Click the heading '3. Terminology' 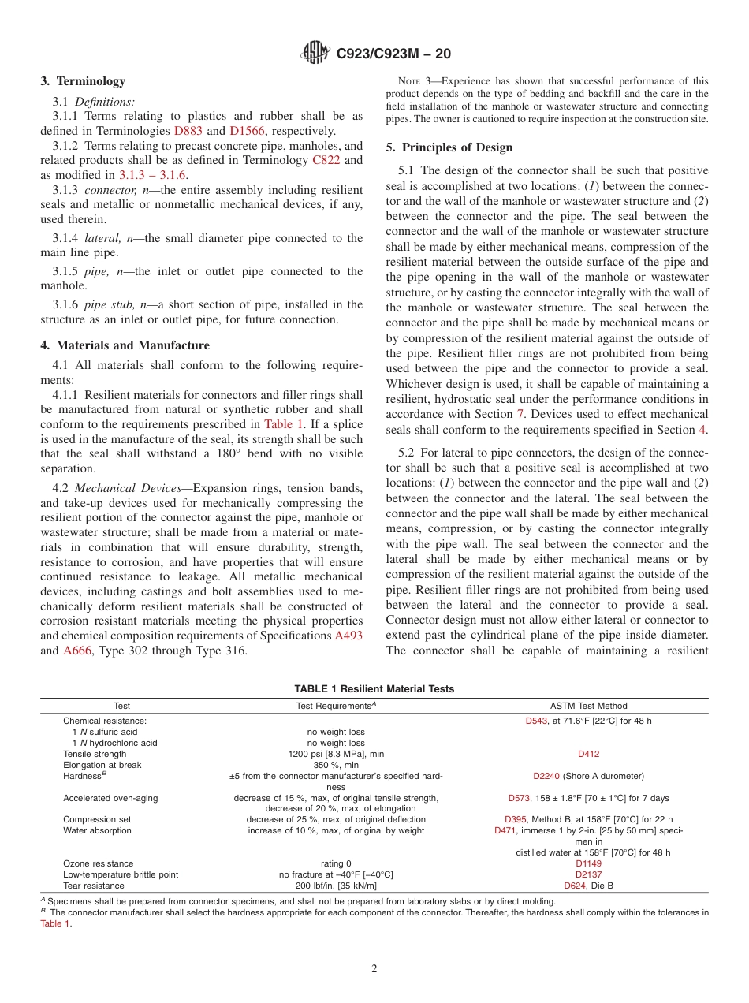pos(82,81)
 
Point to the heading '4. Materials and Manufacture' pos(125,345)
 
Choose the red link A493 pos(348,636)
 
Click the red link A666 pos(77,651)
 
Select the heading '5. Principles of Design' pos(449,147)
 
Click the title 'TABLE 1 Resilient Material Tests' pos(374,688)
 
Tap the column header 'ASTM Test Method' pos(588,706)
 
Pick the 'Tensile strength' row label pos(95,754)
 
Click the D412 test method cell pos(588,754)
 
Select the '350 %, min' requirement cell pos(336,765)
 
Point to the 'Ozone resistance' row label pos(98,863)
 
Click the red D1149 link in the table pos(588,863)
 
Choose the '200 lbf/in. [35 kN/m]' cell pos(336,886)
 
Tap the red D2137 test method pos(588,874)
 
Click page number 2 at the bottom pos(374,969)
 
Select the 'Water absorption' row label pos(97,830)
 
